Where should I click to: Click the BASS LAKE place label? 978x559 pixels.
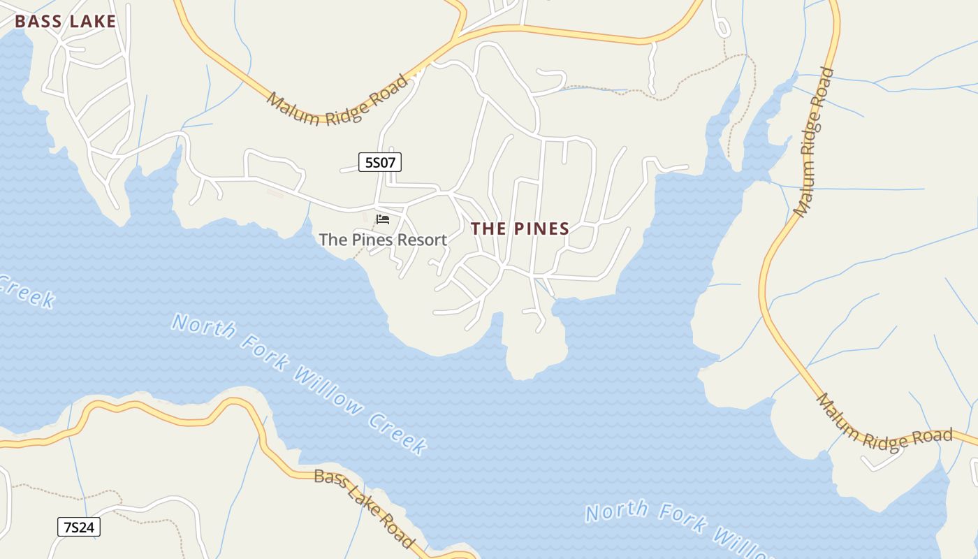pyautogui.click(x=65, y=22)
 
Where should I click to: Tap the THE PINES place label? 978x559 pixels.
pyautogui.click(x=520, y=228)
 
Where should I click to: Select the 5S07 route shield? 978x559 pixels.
pyautogui.click(x=380, y=163)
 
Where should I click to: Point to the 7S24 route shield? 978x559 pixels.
pyautogui.click(x=78, y=527)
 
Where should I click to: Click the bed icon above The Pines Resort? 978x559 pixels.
pyautogui.click(x=383, y=219)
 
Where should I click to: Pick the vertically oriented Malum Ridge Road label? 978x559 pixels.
pyautogui.click(x=814, y=141)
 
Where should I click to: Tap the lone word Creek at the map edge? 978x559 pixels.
pyautogui.click(x=27, y=291)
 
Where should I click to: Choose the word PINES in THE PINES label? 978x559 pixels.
pyautogui.click(x=541, y=228)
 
